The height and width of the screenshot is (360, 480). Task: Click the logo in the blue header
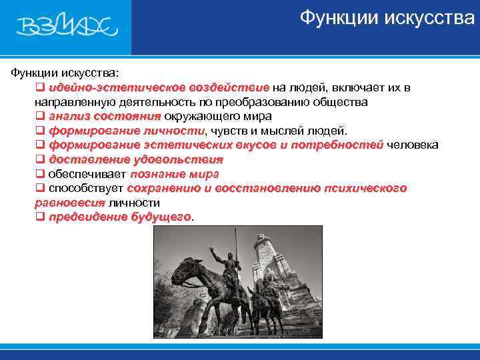point(67,27)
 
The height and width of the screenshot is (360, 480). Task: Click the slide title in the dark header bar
point(387,17)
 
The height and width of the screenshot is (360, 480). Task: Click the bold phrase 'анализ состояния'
point(105,116)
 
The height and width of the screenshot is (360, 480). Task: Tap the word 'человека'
point(413,145)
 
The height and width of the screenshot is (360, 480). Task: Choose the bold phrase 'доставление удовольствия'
point(136,160)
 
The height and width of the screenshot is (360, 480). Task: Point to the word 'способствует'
point(85,189)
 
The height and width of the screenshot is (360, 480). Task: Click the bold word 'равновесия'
point(70,203)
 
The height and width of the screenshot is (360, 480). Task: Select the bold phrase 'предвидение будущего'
point(120,217)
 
